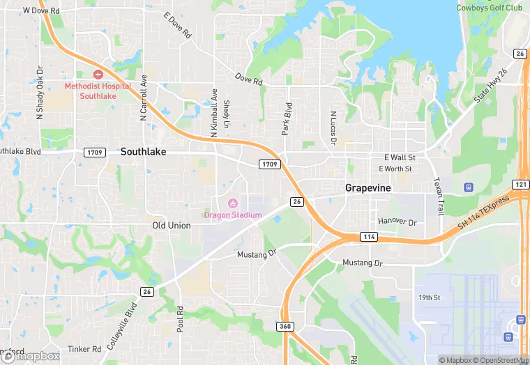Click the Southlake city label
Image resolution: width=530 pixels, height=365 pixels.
(143, 151)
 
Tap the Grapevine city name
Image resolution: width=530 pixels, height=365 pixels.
(368, 188)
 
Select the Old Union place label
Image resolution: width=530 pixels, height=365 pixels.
(171, 226)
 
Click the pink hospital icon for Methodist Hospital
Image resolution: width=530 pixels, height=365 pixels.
(98, 74)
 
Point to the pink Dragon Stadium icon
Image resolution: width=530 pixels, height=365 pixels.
(233, 203)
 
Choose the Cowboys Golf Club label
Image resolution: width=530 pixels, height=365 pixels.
(489, 8)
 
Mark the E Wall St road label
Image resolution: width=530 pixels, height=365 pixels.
(400, 157)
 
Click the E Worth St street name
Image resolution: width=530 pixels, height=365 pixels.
(395, 169)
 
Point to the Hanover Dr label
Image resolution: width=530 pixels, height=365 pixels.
(397, 222)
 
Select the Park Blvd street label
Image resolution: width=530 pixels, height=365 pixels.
(286, 120)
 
